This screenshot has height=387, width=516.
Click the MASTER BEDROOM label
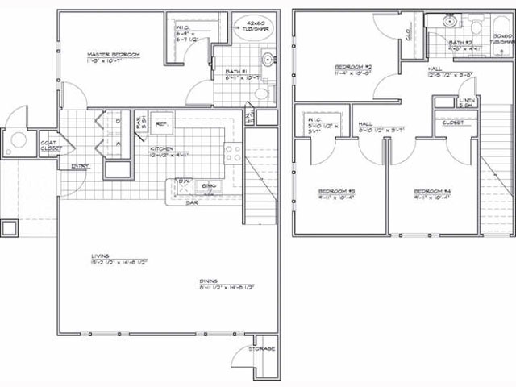pyautogui.click(x=114, y=55)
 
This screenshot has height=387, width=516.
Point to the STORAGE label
pyautogui.click(x=263, y=348)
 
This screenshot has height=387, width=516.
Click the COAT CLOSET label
pyautogui.click(x=50, y=145)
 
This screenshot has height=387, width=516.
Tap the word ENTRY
pyautogui.click(x=80, y=167)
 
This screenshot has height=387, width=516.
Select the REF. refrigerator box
pyautogui.click(x=160, y=123)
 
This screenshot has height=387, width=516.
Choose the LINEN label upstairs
pyautogui.click(x=465, y=102)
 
